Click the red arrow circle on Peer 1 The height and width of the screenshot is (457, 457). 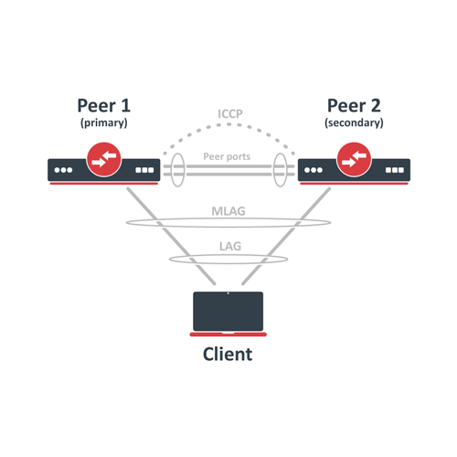[x=102, y=161]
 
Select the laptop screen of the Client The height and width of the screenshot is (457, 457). [x=227, y=311]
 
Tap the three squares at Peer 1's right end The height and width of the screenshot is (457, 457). [x=143, y=170]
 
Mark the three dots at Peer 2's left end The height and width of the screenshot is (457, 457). [x=314, y=170]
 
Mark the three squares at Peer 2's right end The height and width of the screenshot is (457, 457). [x=394, y=170]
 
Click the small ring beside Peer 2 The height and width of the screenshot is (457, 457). [x=282, y=169]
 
